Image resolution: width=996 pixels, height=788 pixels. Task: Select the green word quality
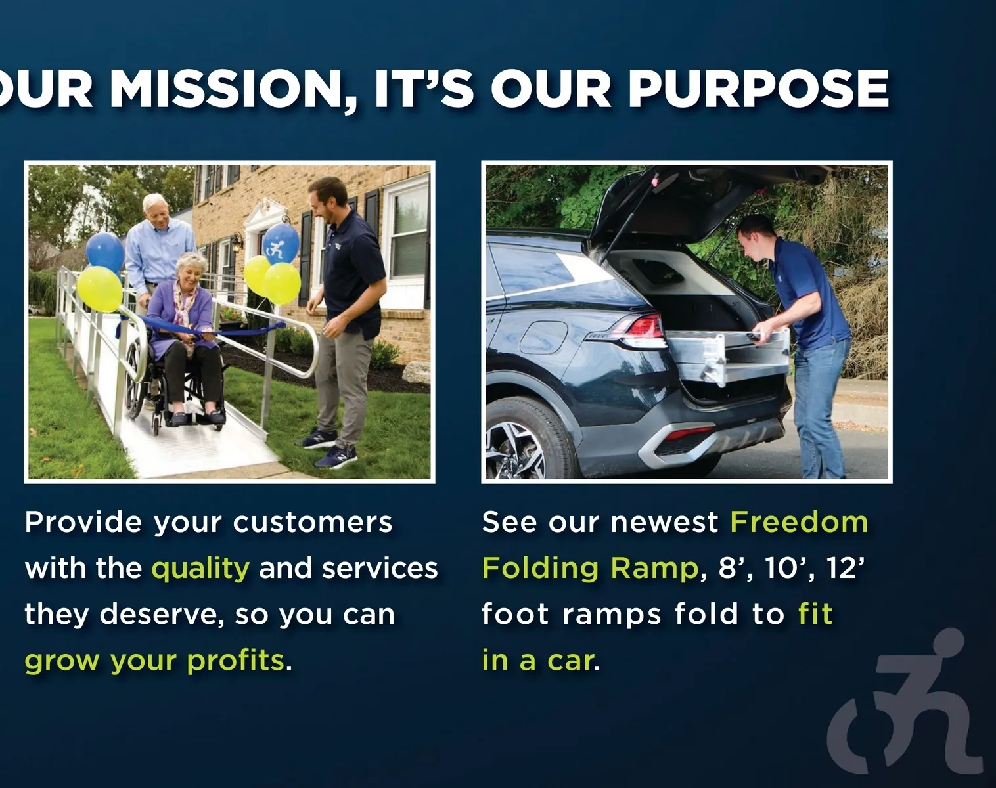click(201, 569)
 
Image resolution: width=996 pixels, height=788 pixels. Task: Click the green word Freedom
click(799, 523)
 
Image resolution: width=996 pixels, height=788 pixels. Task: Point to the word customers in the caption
click(313, 523)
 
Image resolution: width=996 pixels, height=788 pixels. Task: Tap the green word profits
click(235, 661)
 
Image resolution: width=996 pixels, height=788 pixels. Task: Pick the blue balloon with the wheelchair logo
click(281, 244)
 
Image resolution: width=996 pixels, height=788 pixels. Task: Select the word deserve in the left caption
click(162, 615)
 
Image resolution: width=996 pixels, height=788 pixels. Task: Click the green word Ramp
click(654, 568)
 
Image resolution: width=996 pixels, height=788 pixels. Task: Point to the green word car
click(570, 661)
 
